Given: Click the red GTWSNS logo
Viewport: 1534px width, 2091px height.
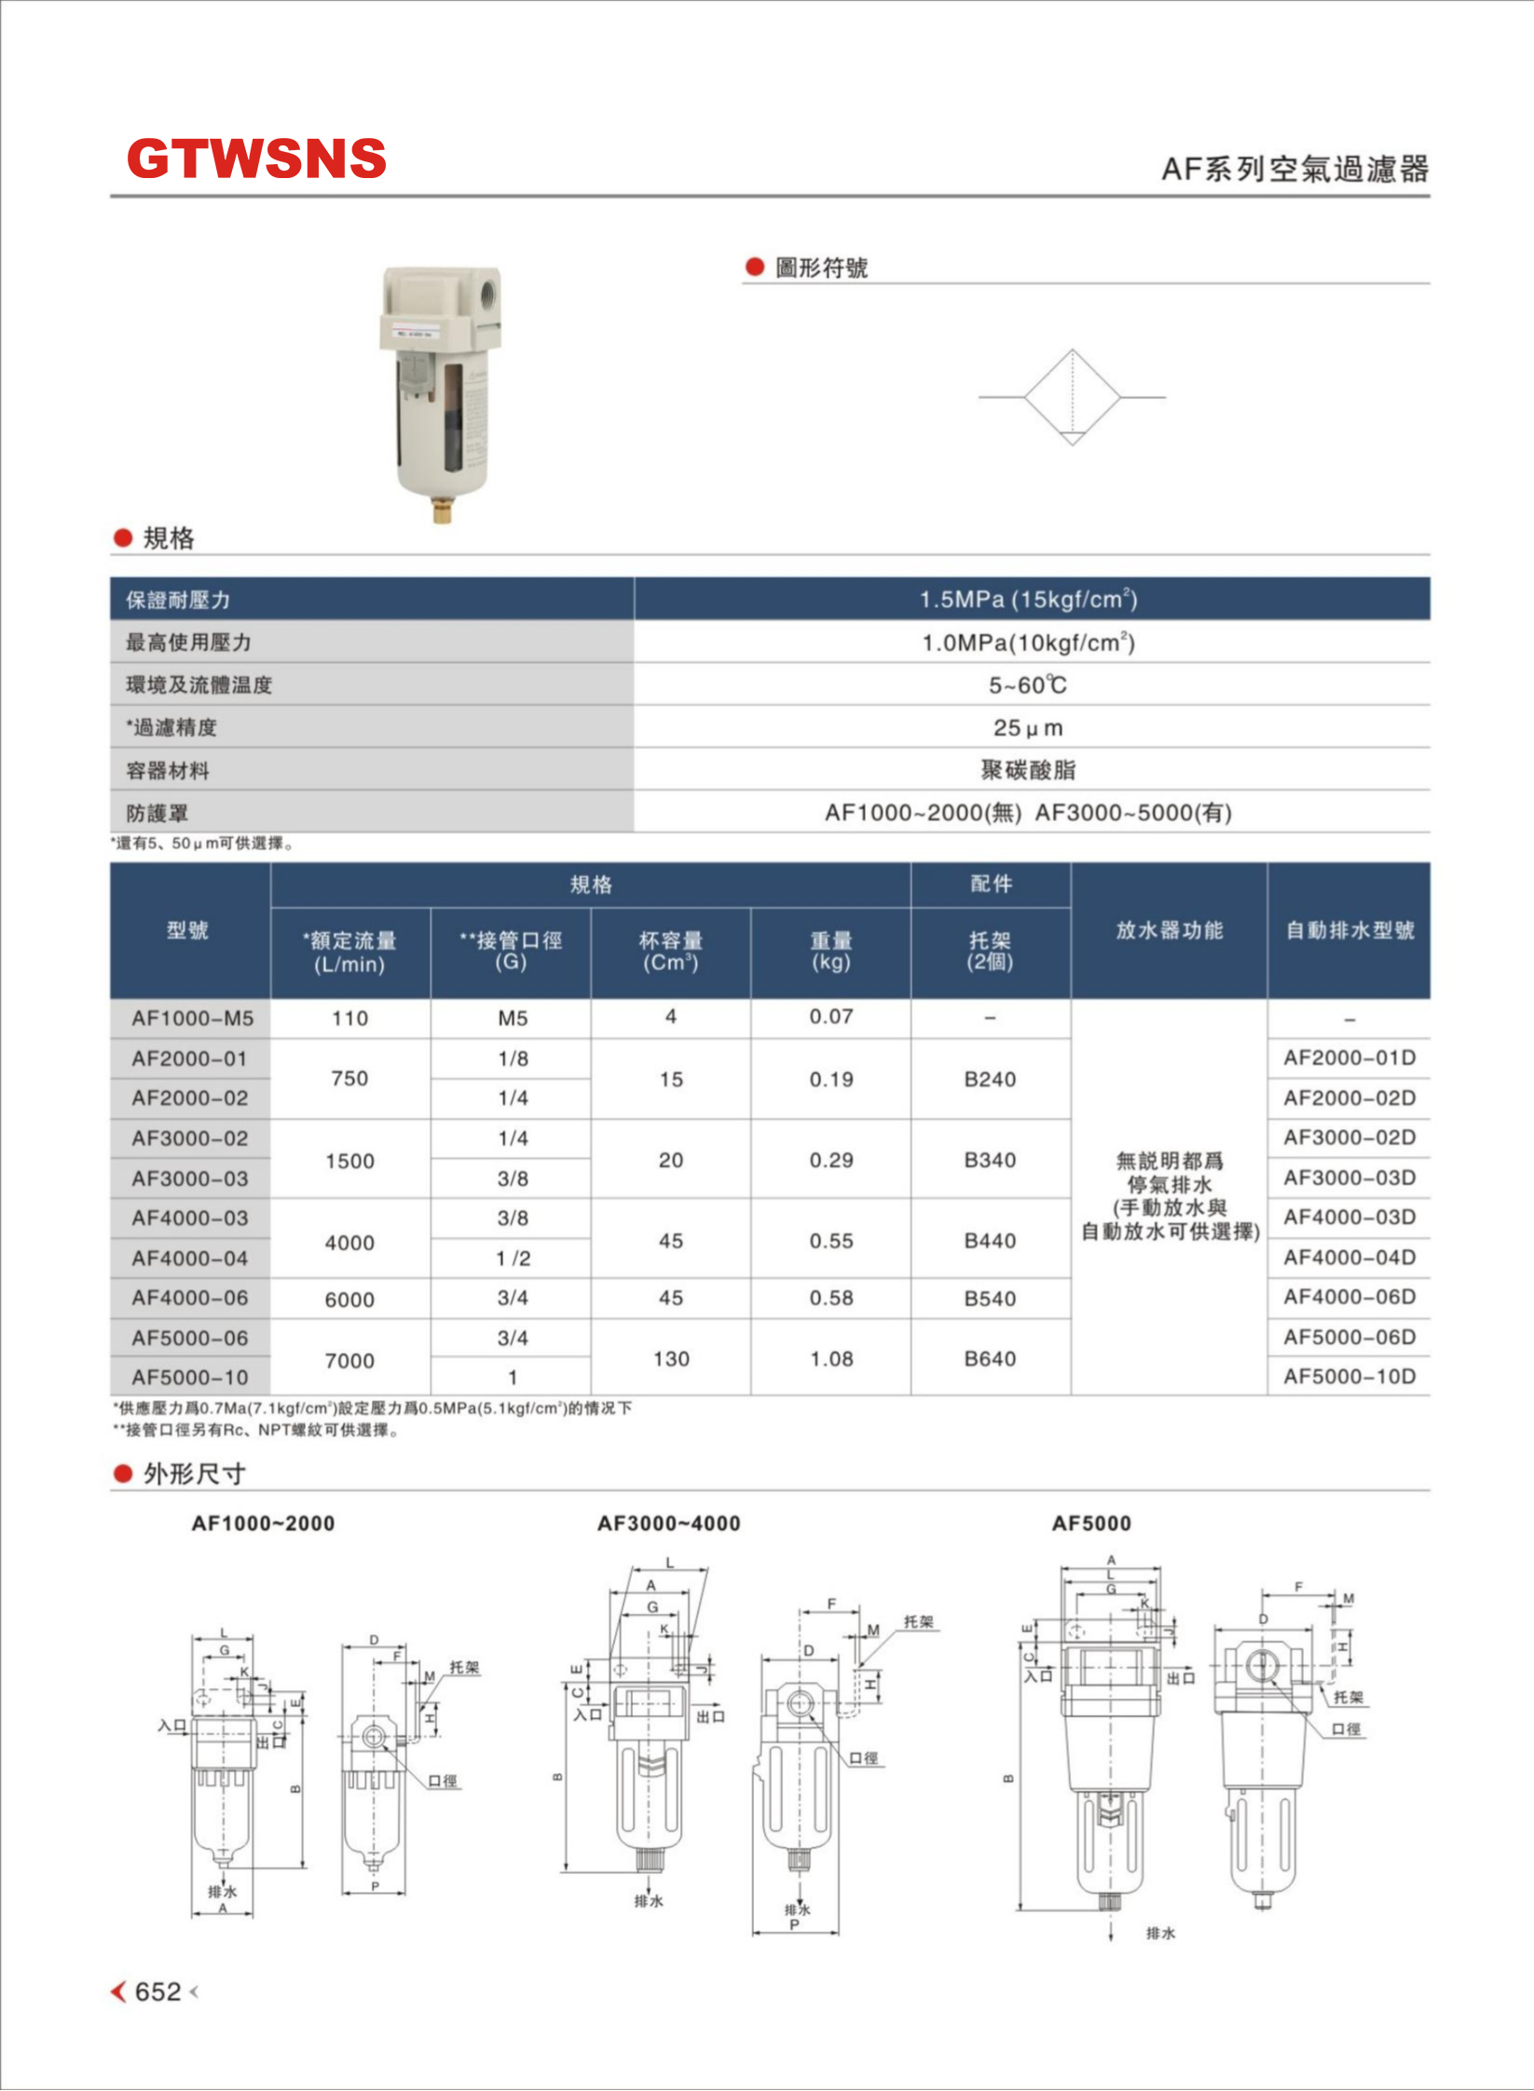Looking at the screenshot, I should (256, 158).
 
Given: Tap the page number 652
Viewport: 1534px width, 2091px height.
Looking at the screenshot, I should (158, 1991).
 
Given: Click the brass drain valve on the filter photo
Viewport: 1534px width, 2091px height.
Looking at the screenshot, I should (442, 510).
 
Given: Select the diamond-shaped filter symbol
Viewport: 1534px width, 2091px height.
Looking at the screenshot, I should (1072, 397).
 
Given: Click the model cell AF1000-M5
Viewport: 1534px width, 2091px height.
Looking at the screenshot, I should (192, 1018).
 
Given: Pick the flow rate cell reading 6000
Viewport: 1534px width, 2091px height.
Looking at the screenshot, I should (349, 1299).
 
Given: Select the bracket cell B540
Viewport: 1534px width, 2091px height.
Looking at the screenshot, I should (990, 1299).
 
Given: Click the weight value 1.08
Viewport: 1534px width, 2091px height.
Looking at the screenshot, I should (831, 1358).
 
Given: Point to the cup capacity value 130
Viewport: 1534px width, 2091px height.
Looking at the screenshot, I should (671, 1358).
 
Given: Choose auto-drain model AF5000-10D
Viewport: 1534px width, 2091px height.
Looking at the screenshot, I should (1349, 1376).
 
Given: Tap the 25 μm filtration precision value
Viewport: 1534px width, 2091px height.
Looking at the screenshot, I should (1028, 727).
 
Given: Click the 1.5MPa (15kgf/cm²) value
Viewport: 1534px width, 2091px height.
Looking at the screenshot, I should (1028, 599).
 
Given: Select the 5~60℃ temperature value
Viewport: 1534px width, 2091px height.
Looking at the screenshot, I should (1028, 685).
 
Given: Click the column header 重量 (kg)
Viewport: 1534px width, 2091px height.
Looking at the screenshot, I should (831, 951).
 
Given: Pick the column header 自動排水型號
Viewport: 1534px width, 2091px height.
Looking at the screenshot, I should (1349, 930).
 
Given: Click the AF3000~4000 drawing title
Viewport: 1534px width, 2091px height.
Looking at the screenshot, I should (668, 1523).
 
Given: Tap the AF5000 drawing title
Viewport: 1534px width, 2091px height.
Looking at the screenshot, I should (1090, 1523).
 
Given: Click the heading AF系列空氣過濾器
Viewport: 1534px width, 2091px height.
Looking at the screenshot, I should (1294, 169).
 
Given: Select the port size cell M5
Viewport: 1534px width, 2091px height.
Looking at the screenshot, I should (512, 1018).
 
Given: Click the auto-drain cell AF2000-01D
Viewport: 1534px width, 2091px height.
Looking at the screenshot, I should (1349, 1057).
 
